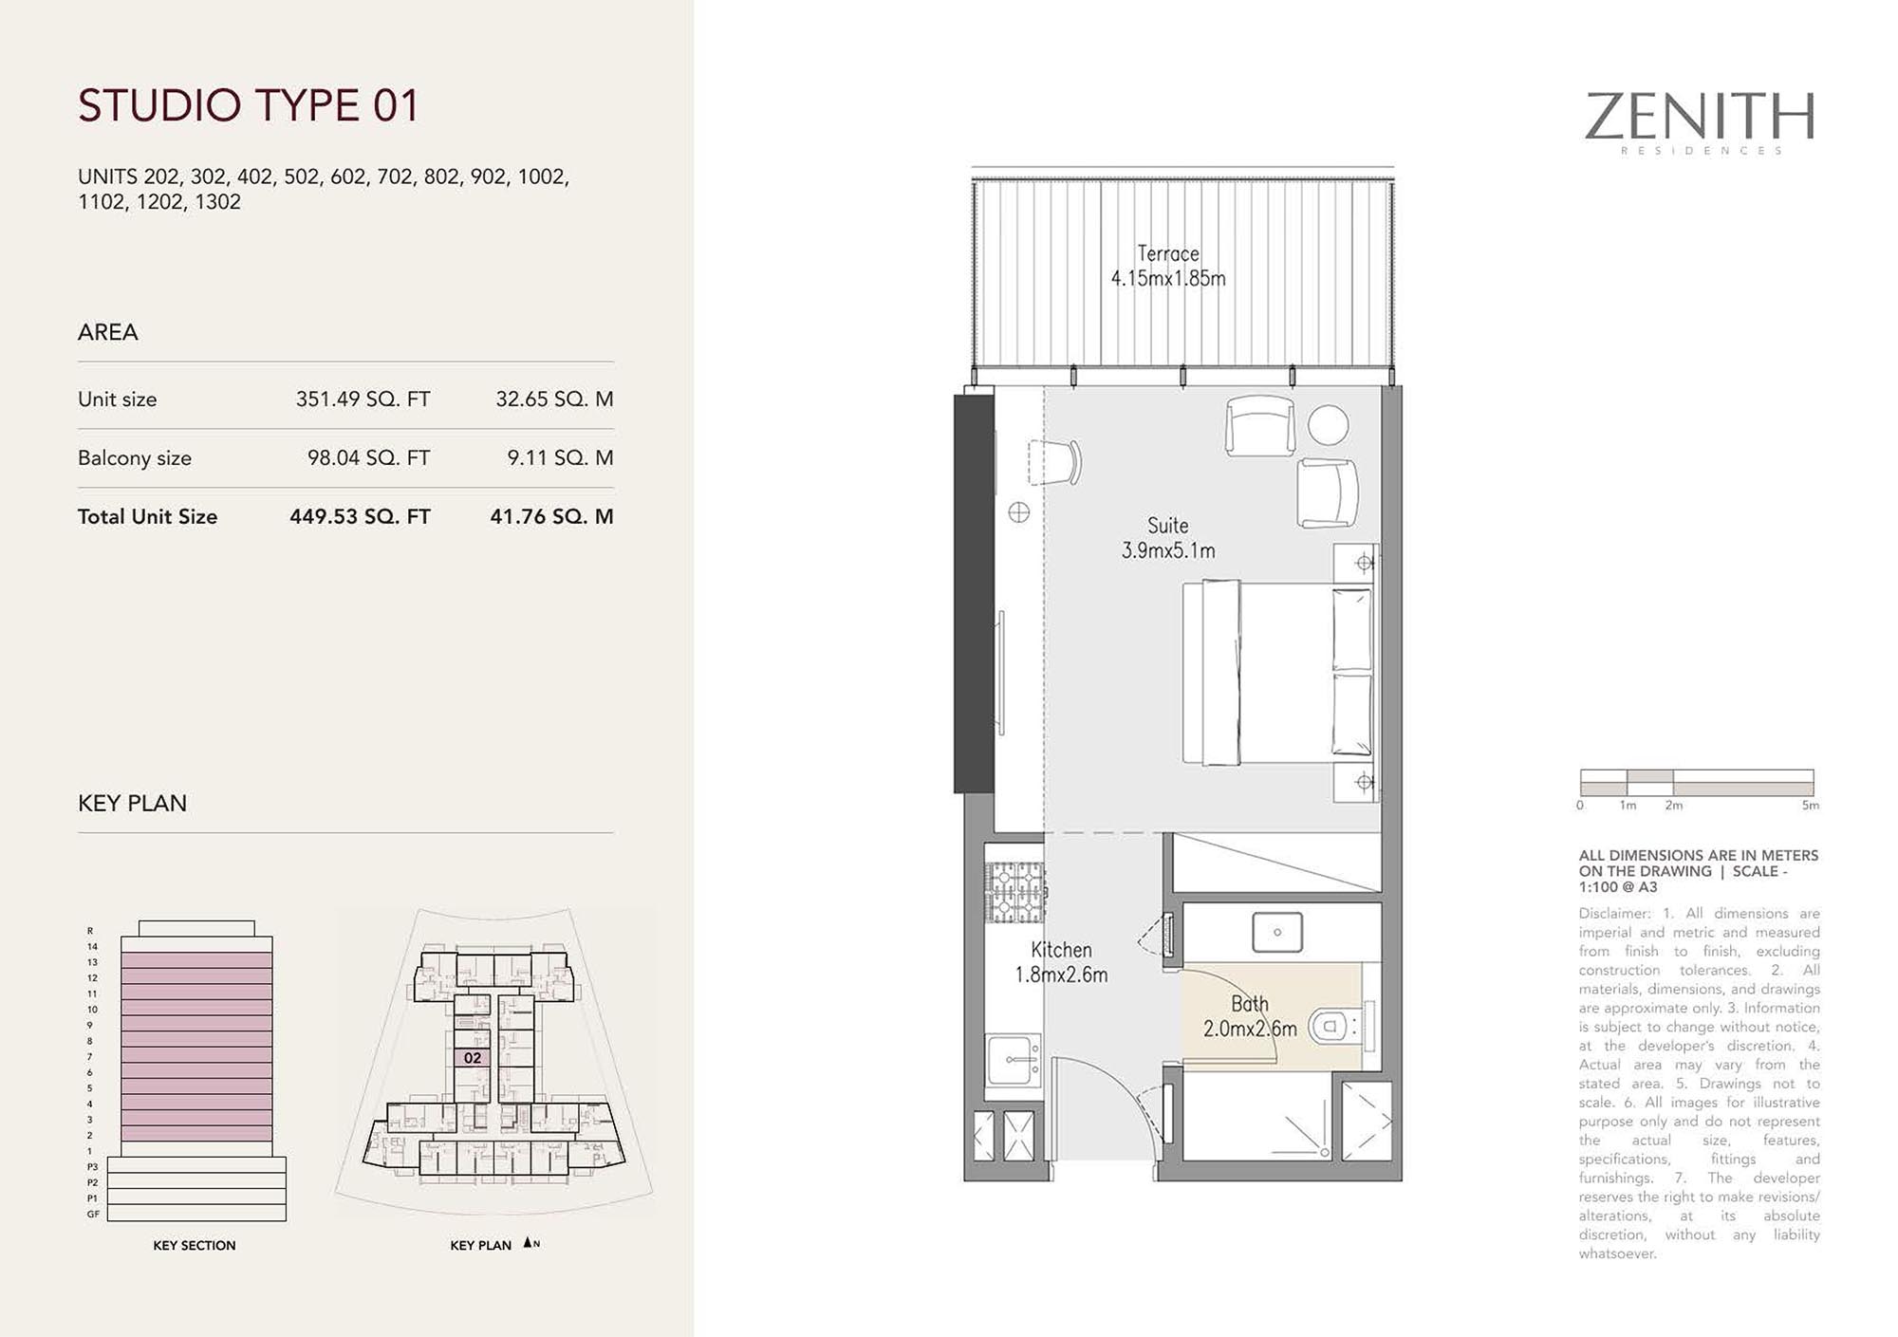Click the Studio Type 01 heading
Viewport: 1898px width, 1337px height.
coord(248,105)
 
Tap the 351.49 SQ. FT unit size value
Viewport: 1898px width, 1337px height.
coord(363,399)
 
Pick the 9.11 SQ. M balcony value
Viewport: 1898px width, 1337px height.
coord(560,458)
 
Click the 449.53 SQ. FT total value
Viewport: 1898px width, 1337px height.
coord(360,517)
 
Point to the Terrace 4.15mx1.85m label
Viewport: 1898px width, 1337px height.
coord(1168,266)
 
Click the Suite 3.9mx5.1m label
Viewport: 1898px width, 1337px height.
coord(1168,538)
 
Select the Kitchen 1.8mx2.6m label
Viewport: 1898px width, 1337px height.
coord(1061,962)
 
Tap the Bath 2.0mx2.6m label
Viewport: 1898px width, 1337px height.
coord(1250,1016)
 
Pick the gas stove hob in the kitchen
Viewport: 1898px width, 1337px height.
coord(1015,892)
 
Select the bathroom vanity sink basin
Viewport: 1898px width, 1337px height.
coord(1277,932)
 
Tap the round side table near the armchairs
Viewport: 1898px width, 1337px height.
coord(1328,425)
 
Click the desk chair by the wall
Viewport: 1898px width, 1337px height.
coord(1055,462)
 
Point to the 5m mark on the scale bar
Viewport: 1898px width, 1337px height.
coord(1811,806)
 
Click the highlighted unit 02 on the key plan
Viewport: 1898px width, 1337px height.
coord(473,1058)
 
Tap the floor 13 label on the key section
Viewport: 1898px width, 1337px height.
coord(92,962)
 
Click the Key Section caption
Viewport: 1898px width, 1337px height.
coord(195,1246)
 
